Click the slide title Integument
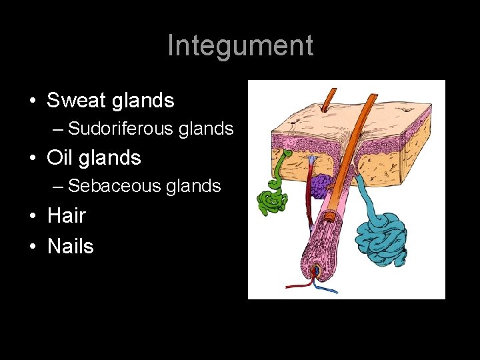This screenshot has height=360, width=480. click(240, 45)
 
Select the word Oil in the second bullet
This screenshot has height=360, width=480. click(60, 158)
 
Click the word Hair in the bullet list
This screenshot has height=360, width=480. click(67, 215)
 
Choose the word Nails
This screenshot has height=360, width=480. click(71, 246)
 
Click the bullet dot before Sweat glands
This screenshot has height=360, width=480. click(32, 101)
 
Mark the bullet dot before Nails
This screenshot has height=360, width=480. click(32, 247)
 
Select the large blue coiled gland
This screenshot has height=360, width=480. click(381, 239)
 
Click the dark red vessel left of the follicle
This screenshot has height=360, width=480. click(309, 200)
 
